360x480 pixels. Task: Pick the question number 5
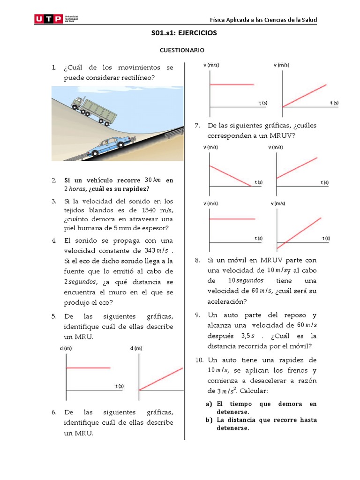tap(54, 316)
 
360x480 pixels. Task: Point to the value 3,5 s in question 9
tap(248, 336)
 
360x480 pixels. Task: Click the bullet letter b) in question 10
tap(209, 420)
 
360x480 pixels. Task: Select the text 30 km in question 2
tap(153, 180)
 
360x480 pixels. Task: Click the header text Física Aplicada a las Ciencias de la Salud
tap(263, 20)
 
